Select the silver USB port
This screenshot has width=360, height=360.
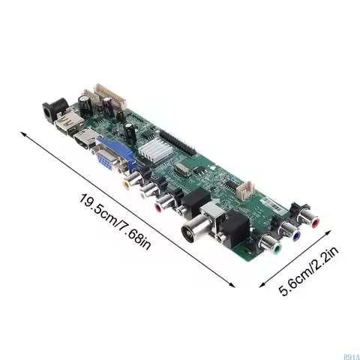point(67,124)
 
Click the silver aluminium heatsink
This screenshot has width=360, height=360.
point(152,149)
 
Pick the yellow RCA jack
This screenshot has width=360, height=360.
point(131,180)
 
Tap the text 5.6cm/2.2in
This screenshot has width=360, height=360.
point(307,268)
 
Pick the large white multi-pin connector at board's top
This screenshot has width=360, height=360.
point(110,96)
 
